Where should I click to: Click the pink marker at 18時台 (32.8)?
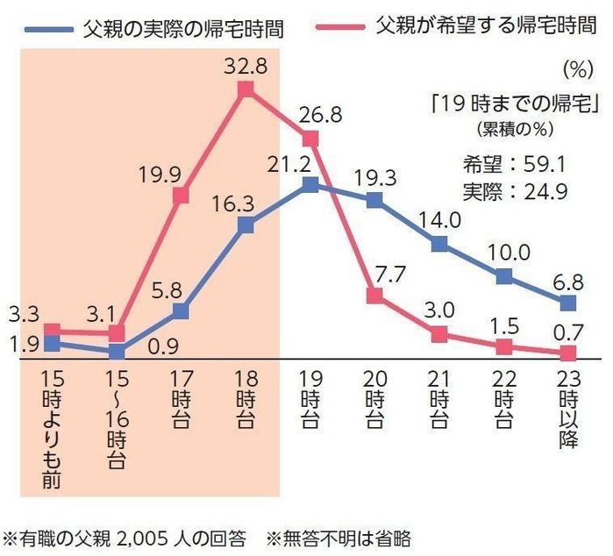(x=246, y=89)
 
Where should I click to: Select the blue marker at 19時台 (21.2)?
(x=310, y=185)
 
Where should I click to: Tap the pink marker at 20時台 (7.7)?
(x=374, y=296)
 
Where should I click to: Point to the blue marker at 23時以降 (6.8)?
(x=567, y=303)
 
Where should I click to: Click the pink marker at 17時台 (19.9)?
(x=182, y=195)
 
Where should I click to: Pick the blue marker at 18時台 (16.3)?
(x=246, y=225)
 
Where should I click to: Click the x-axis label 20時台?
(x=374, y=403)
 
